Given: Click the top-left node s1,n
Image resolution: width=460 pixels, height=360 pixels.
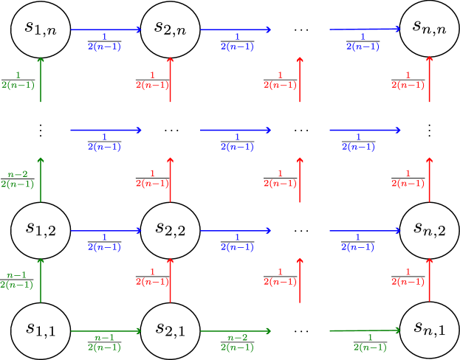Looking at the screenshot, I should coord(41,30).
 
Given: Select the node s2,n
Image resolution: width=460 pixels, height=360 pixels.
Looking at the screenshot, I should coord(171,30).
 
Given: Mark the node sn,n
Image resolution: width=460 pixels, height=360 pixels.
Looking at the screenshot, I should coord(429,30).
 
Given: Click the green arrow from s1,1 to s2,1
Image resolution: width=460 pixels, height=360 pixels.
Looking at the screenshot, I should coord(105,331).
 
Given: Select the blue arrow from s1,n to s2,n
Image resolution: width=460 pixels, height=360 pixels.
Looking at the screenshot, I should coord(105,30).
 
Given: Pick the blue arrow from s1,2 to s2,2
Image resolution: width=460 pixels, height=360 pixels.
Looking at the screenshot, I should coord(105,230).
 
